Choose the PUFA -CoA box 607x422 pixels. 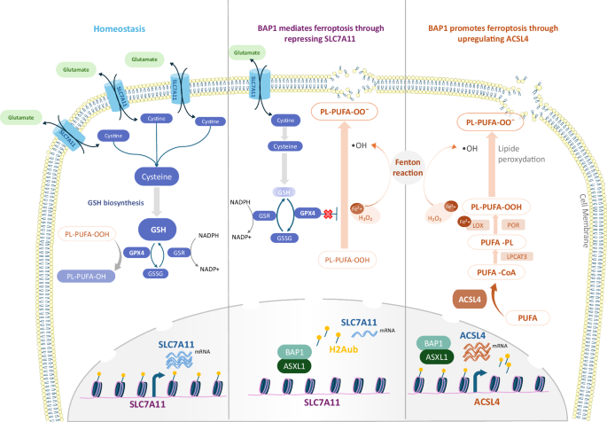coord(497,273)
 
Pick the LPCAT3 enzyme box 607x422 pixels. coord(541,257)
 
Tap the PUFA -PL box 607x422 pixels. coord(496,241)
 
